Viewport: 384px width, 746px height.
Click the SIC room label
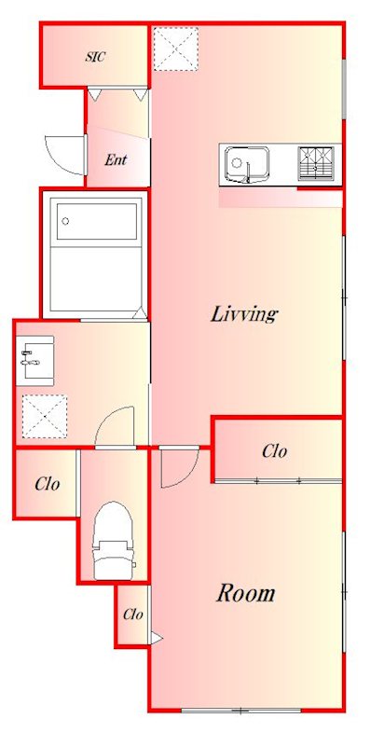(95, 57)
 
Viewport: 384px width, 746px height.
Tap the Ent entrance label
(116, 159)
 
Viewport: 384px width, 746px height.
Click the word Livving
(244, 314)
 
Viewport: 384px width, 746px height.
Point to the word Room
(246, 593)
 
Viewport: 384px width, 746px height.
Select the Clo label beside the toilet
(47, 484)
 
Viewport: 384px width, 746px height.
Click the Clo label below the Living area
(274, 451)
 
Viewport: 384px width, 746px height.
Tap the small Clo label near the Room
(132, 615)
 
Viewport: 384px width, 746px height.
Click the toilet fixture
(113, 541)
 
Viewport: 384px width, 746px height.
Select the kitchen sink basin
(247, 165)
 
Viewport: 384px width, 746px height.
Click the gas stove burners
(316, 163)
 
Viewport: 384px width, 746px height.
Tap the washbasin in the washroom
(34, 360)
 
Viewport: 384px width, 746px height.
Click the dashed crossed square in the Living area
(175, 48)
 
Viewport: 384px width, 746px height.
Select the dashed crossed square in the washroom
(44, 416)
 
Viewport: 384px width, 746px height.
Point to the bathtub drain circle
(65, 221)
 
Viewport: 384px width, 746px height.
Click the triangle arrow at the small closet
(157, 638)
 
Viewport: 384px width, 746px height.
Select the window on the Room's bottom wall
(241, 711)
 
